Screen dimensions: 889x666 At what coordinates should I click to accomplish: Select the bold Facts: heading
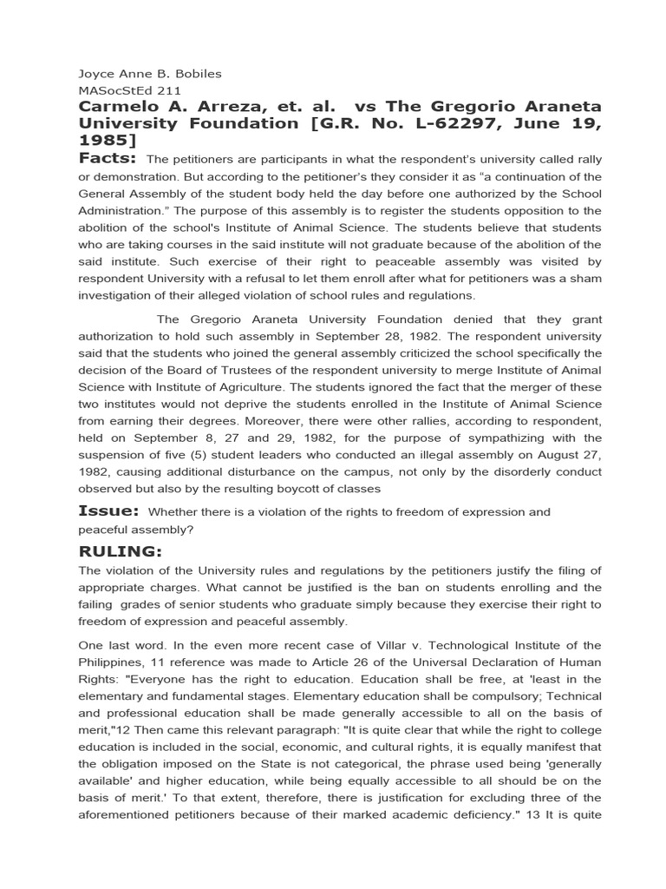(108, 158)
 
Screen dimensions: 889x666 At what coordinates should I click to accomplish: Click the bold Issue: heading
(108, 511)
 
